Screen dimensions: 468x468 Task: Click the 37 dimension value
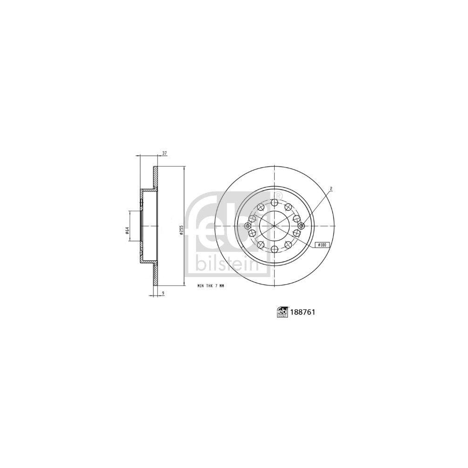164,153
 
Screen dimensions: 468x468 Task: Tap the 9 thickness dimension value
162,294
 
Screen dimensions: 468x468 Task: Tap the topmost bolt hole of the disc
274,202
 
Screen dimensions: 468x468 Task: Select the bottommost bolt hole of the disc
274,248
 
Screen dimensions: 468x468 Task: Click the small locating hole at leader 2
301,226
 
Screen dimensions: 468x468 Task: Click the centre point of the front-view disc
274,226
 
